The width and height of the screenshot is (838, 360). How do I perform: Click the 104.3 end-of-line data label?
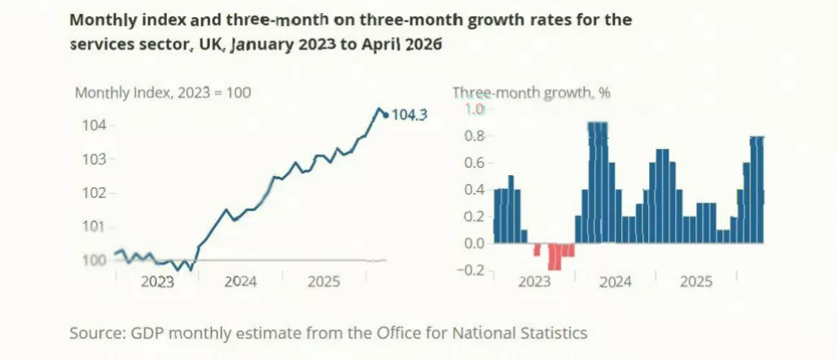click(x=410, y=115)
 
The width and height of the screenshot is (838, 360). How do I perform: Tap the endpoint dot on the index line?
click(x=386, y=115)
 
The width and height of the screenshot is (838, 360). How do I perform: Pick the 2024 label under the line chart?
click(x=240, y=282)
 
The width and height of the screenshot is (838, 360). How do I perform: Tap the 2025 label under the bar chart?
click(x=696, y=282)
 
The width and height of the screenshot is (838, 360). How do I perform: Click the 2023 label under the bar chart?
click(x=534, y=282)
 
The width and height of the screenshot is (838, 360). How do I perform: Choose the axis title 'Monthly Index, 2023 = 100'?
click(x=163, y=93)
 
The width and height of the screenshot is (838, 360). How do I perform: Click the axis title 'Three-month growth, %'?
click(x=532, y=93)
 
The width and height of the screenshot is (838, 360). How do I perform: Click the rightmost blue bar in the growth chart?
click(x=761, y=190)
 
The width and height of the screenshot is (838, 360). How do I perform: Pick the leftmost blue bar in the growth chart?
click(x=497, y=217)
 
